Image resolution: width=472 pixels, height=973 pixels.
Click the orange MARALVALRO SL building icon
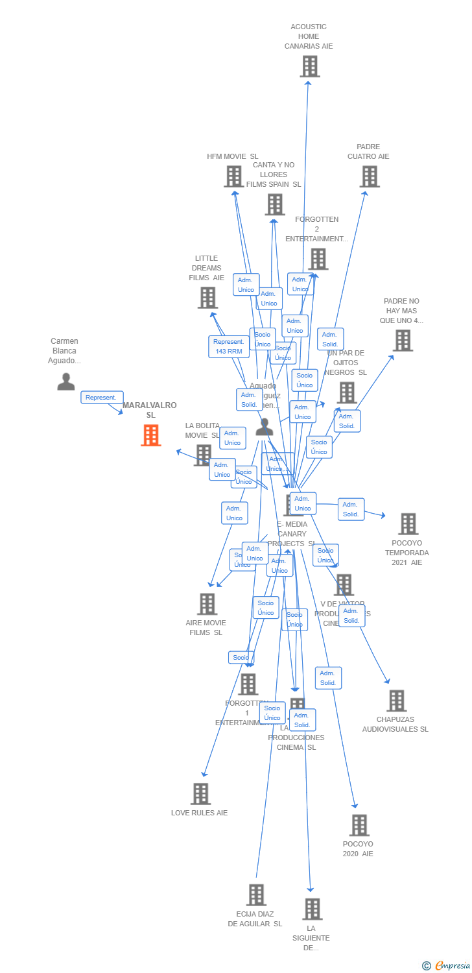point(151,435)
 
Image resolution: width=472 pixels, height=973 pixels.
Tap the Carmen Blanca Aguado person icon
point(66,381)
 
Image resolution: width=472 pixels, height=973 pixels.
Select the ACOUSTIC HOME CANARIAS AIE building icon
point(310,66)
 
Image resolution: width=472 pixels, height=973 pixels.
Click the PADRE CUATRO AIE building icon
point(370,176)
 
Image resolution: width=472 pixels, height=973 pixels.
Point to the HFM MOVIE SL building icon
point(233,176)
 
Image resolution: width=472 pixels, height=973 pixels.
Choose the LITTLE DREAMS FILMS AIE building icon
point(207,298)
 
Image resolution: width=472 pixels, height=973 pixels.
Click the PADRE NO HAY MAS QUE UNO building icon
point(403,341)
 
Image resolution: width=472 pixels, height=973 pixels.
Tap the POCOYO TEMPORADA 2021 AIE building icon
point(408,523)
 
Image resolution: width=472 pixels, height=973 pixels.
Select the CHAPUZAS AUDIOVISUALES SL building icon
point(396,701)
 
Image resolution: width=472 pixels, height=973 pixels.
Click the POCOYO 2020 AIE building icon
point(359,825)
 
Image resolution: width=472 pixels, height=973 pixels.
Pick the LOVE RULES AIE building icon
point(200,793)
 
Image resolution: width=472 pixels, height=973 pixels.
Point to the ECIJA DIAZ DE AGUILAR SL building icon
point(256,895)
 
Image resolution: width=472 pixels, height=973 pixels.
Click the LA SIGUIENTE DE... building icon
point(312,909)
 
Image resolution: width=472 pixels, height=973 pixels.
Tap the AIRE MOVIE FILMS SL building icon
point(207,604)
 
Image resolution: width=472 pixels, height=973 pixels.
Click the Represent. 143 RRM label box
point(228,346)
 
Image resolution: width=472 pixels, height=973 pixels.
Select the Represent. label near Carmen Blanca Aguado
point(102,397)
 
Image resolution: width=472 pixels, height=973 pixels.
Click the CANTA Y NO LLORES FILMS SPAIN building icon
point(275,204)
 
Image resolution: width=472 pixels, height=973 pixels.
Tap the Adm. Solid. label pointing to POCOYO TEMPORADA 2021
point(351,509)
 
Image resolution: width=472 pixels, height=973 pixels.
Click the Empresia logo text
point(453,966)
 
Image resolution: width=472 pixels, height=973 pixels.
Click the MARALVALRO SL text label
point(150,409)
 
